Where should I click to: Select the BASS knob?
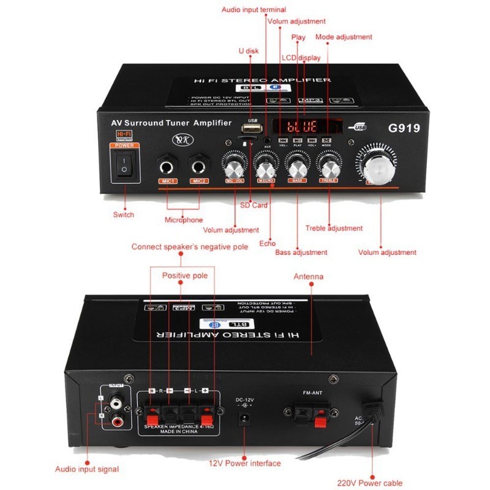pyautogui.click(x=297, y=166)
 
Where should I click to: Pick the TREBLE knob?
pyautogui.click(x=329, y=166)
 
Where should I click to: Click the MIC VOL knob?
pyautogui.click(x=235, y=166)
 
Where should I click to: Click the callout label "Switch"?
pyautogui.click(x=123, y=214)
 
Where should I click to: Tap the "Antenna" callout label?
pyautogui.click(x=308, y=276)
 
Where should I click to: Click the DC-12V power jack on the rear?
pyautogui.click(x=245, y=420)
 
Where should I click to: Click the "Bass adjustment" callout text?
pyautogui.click(x=301, y=252)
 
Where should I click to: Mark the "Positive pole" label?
pyautogui.click(x=185, y=276)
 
